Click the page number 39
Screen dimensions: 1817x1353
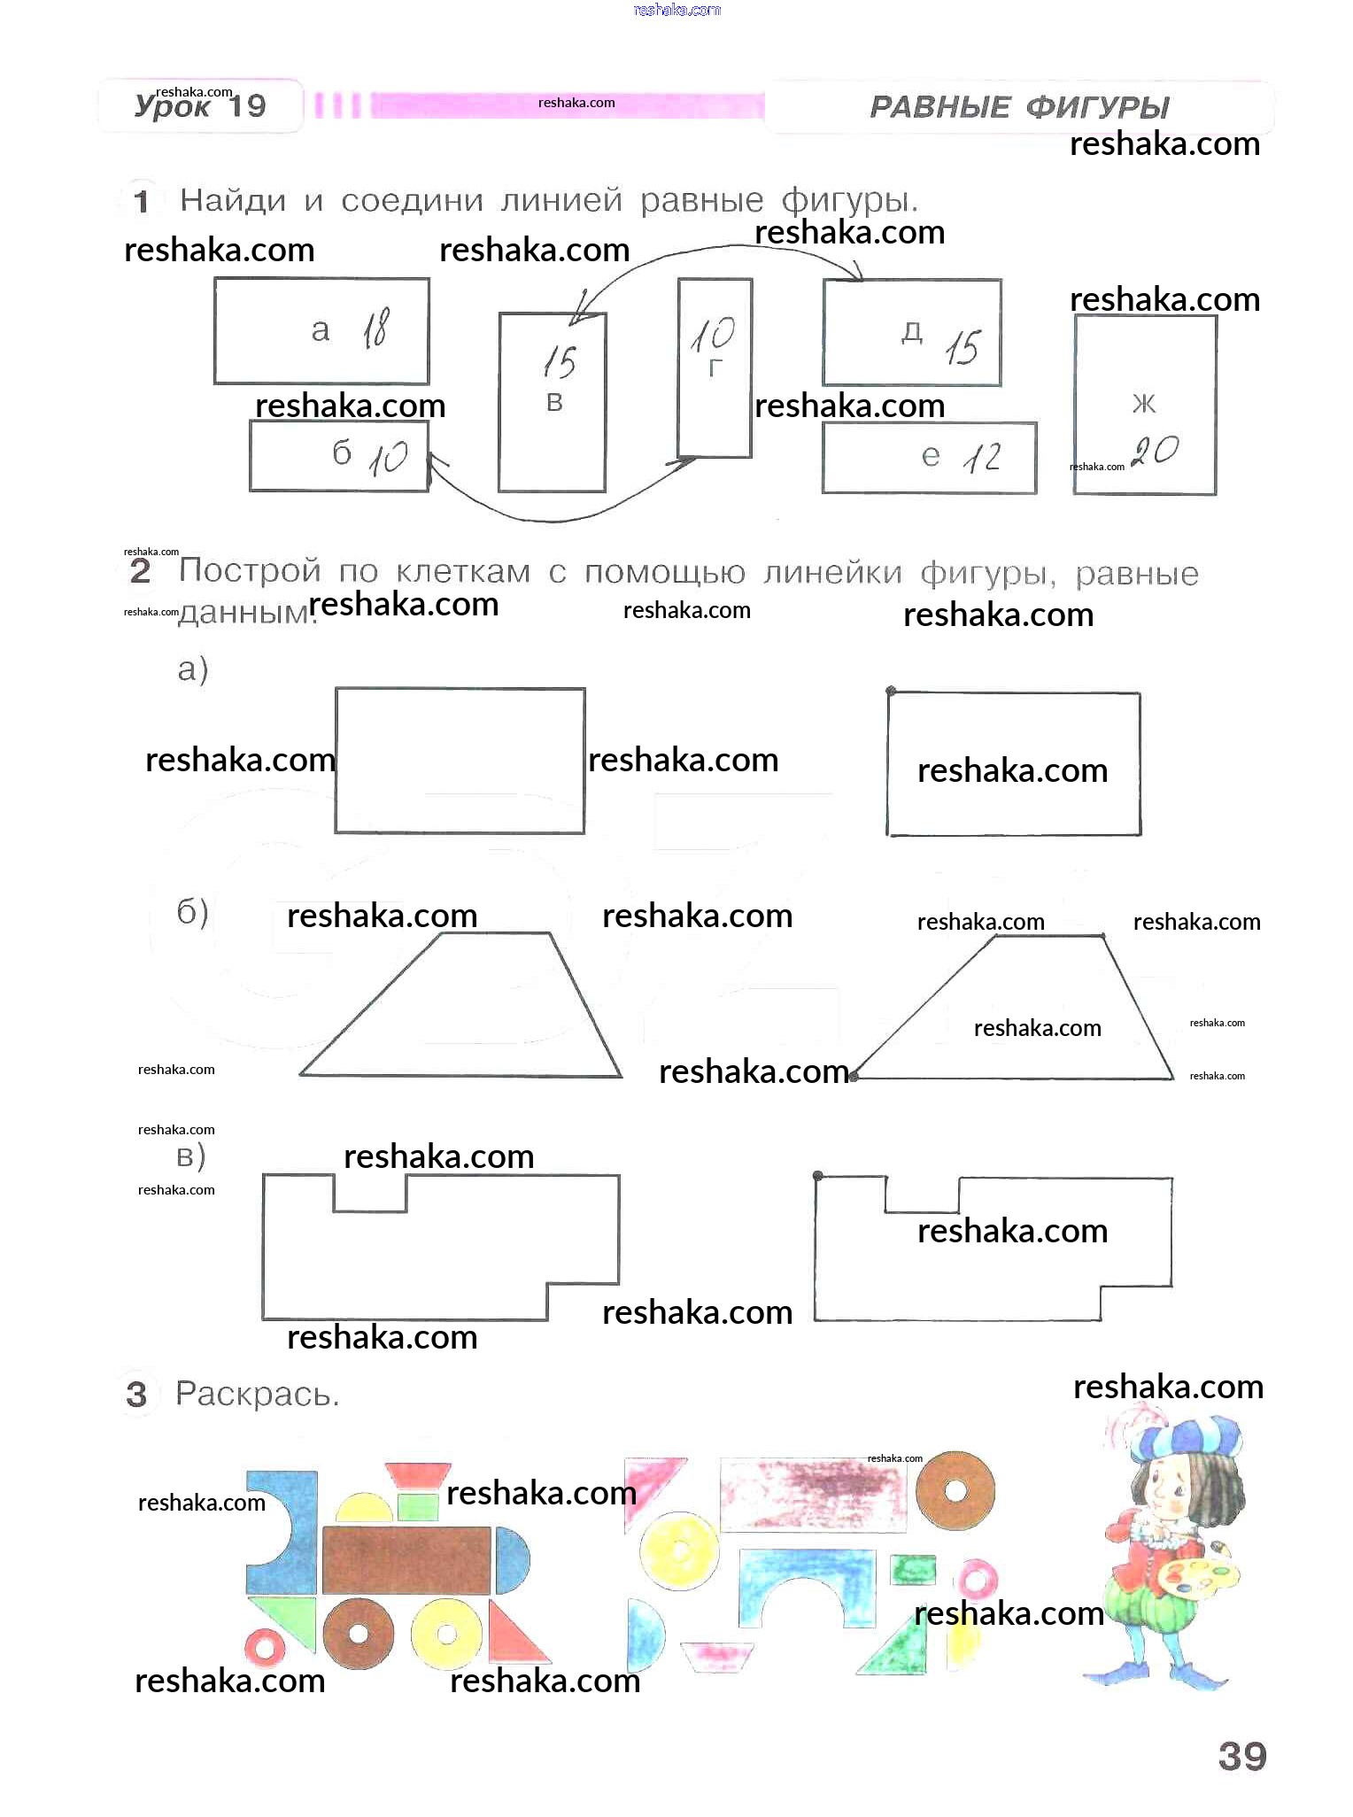tap(1241, 1756)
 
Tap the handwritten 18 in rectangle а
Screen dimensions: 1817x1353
tap(375, 329)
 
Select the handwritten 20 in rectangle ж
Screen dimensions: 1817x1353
tap(1155, 451)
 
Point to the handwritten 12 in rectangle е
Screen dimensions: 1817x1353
tap(981, 457)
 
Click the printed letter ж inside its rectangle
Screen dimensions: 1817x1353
tap(1143, 404)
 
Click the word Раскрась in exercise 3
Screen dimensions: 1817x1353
tap(257, 1394)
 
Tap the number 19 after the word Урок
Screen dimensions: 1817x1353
tap(247, 106)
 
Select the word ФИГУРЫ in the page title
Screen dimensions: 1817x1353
tap(1098, 107)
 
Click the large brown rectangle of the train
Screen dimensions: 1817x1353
tap(406, 1559)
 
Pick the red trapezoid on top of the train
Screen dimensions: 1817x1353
tap(418, 1475)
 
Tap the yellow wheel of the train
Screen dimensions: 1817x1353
tap(446, 1633)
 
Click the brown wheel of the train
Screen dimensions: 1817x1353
tap(359, 1633)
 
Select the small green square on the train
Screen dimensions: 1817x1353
tap(417, 1506)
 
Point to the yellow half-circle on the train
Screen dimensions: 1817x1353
tap(364, 1509)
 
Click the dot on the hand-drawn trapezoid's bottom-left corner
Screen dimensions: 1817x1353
tap(854, 1077)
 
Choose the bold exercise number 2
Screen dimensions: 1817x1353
tap(140, 571)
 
